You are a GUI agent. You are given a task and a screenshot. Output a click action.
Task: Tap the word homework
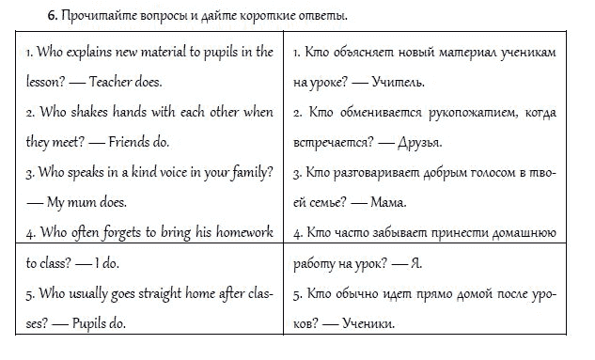[243, 232]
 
